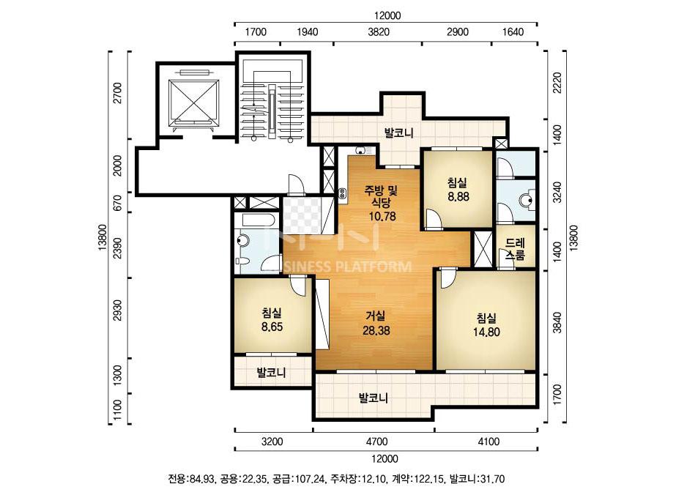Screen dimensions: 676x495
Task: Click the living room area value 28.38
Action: (x=376, y=331)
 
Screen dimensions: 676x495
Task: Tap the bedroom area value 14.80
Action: (x=486, y=332)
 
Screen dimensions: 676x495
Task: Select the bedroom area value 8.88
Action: (x=458, y=197)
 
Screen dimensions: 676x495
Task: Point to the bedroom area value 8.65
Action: (x=272, y=327)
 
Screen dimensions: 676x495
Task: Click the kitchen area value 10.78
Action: (x=382, y=216)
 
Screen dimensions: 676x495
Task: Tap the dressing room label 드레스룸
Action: (x=515, y=249)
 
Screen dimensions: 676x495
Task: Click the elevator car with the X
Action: (x=193, y=103)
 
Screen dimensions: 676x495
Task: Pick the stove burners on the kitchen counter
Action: (x=343, y=196)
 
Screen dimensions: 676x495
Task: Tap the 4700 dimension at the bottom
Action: (x=376, y=442)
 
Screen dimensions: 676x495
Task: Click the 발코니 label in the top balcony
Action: (x=398, y=133)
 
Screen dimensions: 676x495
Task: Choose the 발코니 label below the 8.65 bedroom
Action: (x=271, y=372)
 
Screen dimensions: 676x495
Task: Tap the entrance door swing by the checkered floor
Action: (x=296, y=184)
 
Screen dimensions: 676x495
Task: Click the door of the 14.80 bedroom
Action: (x=447, y=278)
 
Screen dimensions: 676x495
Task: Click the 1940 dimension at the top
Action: (x=308, y=32)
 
